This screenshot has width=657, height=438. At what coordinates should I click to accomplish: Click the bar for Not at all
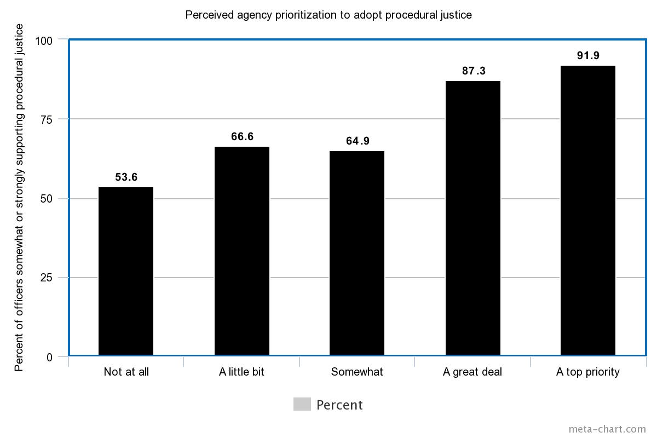click(x=126, y=272)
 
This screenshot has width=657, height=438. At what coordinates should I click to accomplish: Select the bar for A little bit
click(x=242, y=251)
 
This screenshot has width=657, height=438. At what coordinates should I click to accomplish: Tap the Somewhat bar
click(x=357, y=253)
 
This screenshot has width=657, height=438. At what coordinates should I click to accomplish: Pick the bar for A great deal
click(x=473, y=218)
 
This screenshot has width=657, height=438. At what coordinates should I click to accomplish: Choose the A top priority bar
click(x=588, y=211)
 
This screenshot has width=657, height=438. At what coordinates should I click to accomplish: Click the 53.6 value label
click(x=126, y=177)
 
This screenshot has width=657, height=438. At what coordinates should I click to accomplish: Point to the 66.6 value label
click(x=242, y=136)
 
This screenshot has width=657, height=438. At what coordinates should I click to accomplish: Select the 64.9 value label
click(x=358, y=141)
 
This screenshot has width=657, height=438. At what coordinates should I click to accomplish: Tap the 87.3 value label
click(x=474, y=71)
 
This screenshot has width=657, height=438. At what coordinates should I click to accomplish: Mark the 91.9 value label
click(x=589, y=55)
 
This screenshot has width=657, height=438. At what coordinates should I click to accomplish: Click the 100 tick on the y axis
click(x=43, y=41)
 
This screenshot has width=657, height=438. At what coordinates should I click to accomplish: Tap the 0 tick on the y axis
click(x=49, y=357)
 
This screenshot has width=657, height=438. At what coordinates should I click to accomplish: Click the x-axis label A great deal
click(x=472, y=372)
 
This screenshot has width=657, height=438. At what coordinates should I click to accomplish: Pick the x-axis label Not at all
click(x=126, y=372)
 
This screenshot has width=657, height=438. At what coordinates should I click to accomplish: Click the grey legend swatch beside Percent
click(x=302, y=404)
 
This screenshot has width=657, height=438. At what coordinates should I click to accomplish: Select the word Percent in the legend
click(x=339, y=405)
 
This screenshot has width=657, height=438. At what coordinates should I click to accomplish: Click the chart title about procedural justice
click(x=328, y=15)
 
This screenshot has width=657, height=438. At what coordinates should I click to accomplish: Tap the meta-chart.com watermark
click(x=607, y=429)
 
